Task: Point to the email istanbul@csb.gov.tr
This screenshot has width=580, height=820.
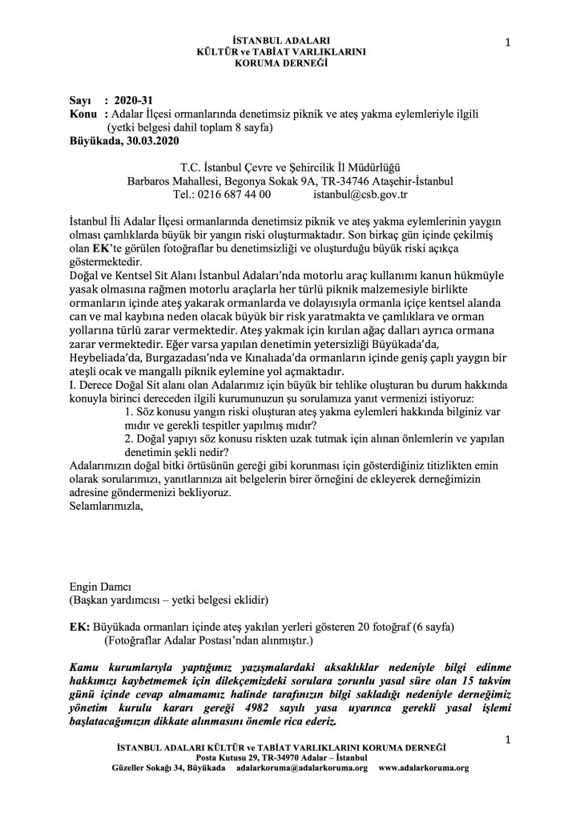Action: [360, 194]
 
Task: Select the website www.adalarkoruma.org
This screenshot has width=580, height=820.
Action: [423, 767]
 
